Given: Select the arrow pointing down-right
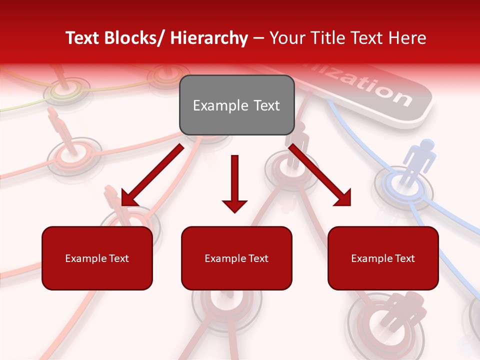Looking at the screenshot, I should click(x=320, y=175).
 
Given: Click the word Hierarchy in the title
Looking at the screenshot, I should click(x=209, y=38).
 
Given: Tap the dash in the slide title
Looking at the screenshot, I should click(x=258, y=39).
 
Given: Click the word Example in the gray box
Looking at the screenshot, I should click(x=220, y=105).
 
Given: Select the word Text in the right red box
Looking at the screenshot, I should click(x=404, y=258).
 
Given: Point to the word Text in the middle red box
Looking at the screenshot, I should click(x=258, y=258).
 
